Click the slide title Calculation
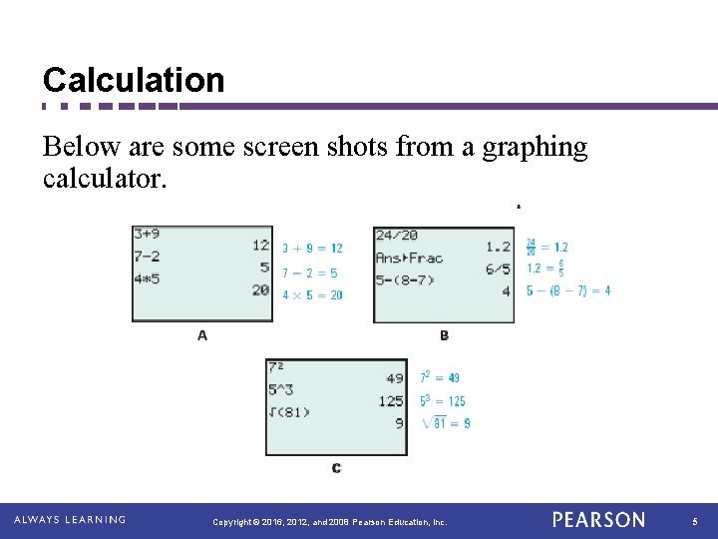134,80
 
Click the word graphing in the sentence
535,148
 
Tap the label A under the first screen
202,335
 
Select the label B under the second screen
444,335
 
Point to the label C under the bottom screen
336,468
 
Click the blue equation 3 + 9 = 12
312,249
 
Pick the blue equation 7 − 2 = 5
309,272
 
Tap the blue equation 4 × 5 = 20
312,294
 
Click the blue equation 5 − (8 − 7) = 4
568,290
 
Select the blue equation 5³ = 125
443,401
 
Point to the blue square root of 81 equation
446,422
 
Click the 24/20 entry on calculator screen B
397,236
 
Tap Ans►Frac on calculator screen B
409,258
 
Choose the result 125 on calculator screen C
391,401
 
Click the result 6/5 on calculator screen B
498,269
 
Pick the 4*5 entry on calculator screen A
147,278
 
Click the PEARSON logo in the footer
598,520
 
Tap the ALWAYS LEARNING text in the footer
70,520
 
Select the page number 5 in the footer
695,521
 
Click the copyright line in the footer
330,521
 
